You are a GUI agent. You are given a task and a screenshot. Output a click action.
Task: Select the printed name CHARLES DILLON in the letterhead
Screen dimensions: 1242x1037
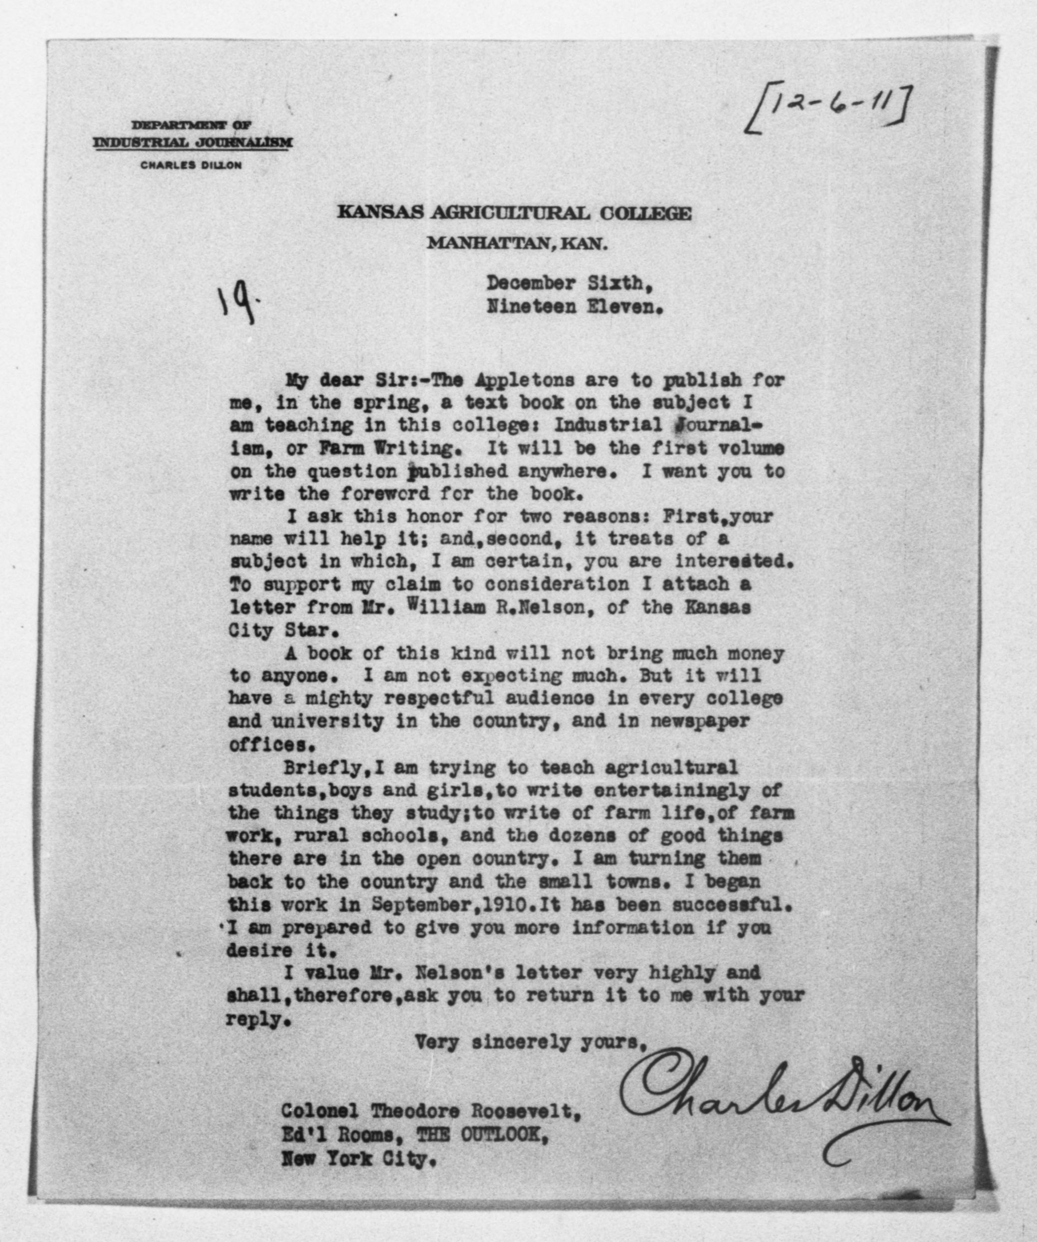coord(191,166)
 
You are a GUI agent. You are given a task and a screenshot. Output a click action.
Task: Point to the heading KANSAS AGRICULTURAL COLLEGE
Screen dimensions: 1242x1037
coord(514,213)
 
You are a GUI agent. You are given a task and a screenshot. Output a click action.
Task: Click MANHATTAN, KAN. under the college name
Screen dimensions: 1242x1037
coord(518,243)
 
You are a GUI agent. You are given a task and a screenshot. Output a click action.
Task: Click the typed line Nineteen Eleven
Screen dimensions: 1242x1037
coord(572,307)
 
